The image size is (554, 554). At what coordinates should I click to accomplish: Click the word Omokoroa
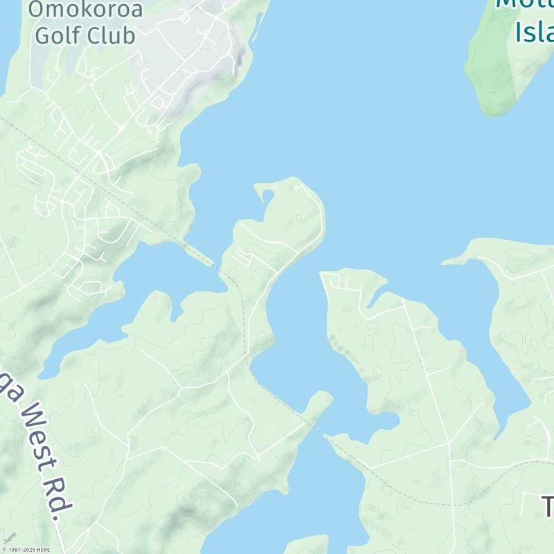[x=86, y=9]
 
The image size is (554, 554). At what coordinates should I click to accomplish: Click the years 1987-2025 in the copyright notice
[x=20, y=549]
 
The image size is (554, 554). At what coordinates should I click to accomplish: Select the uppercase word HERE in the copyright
[x=43, y=549]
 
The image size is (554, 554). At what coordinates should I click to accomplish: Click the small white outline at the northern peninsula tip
[x=298, y=186]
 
